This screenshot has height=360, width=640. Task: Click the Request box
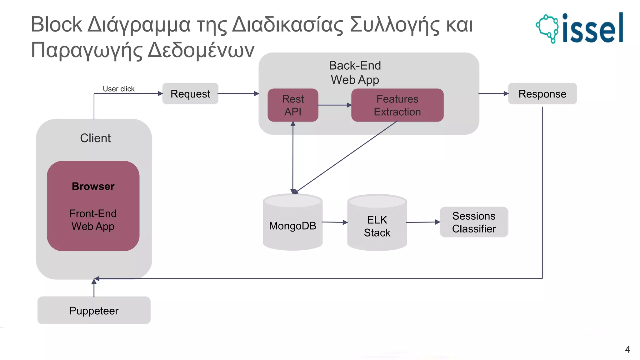pyautogui.click(x=190, y=94)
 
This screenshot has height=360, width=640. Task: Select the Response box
pyautogui.click(x=542, y=94)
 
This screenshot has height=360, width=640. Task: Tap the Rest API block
pyautogui.click(x=293, y=105)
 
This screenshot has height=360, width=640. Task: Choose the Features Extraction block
pyautogui.click(x=397, y=105)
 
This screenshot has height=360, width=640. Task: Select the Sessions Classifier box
pyautogui.click(x=474, y=222)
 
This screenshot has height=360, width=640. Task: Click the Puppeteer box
pyautogui.click(x=94, y=311)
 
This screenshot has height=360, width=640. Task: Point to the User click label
pyautogui.click(x=119, y=89)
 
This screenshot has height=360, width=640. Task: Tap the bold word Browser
pyautogui.click(x=93, y=187)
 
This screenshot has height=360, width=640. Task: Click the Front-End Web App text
pyautogui.click(x=93, y=220)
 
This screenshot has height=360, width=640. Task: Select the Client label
pyautogui.click(x=95, y=138)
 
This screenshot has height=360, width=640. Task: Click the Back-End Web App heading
pyautogui.click(x=355, y=72)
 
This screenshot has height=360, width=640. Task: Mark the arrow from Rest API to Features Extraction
pyautogui.click(x=335, y=105)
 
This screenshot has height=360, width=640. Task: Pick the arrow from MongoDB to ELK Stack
pyautogui.click(x=335, y=222)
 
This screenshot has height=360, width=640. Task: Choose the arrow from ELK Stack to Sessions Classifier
pyautogui.click(x=423, y=222)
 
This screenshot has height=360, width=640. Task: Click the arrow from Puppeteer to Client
pyautogui.click(x=94, y=288)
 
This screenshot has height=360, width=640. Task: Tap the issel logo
pyautogui.click(x=580, y=28)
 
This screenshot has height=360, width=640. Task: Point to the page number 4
pyautogui.click(x=627, y=349)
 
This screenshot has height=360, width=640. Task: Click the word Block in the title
pyautogui.click(x=56, y=24)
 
